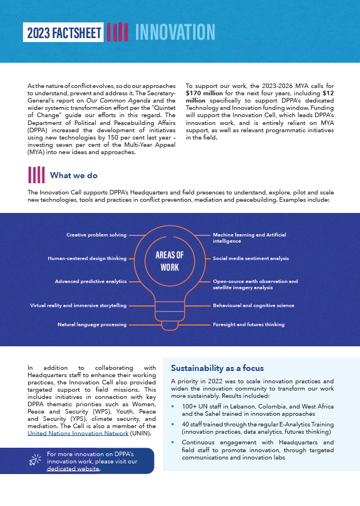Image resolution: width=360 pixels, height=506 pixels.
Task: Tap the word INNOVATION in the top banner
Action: point(175,32)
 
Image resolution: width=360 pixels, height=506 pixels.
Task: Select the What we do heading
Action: point(73,175)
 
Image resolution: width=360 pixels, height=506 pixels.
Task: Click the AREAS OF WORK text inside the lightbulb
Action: point(169,261)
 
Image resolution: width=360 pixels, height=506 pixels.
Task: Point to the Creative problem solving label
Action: point(96,235)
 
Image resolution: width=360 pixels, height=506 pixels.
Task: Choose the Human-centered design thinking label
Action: point(87,258)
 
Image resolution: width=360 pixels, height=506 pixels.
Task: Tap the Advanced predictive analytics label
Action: point(91,281)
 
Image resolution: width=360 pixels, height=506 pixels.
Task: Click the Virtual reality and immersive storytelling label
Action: point(78,305)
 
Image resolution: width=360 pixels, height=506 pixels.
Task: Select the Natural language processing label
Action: point(92,324)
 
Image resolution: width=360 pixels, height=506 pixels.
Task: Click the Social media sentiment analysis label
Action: point(250,258)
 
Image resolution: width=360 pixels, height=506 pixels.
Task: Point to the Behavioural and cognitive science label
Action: point(253,305)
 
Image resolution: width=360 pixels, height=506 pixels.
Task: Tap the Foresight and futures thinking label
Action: point(249,324)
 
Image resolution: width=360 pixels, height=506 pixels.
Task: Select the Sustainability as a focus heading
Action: point(217,368)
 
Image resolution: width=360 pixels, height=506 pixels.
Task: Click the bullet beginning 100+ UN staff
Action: point(258,410)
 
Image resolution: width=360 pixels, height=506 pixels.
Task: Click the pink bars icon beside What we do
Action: point(36,175)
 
